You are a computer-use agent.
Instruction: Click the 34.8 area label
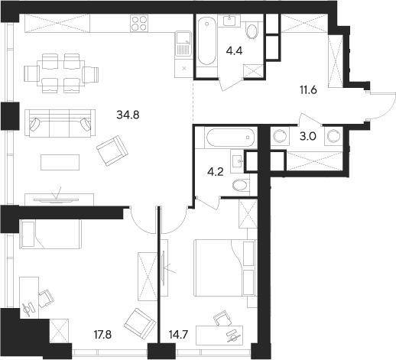click(128, 115)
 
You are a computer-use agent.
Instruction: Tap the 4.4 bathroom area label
click(234, 51)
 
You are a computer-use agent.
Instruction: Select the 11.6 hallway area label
click(308, 90)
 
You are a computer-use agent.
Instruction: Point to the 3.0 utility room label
click(307, 137)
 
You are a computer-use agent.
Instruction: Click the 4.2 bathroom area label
click(216, 172)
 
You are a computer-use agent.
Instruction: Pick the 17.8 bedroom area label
click(103, 335)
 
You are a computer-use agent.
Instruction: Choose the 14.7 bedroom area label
click(178, 335)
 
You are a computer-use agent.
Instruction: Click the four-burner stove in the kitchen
click(139, 23)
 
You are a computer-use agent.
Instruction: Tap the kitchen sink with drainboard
click(183, 44)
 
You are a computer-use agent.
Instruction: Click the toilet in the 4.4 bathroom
click(252, 31)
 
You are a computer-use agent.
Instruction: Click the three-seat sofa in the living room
click(60, 124)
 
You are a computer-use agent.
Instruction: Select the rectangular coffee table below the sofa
click(60, 162)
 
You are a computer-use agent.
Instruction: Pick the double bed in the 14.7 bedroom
click(225, 268)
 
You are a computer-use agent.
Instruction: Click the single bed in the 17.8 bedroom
click(51, 234)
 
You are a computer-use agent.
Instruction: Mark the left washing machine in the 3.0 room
click(280, 136)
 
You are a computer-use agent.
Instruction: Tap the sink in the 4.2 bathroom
click(238, 161)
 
